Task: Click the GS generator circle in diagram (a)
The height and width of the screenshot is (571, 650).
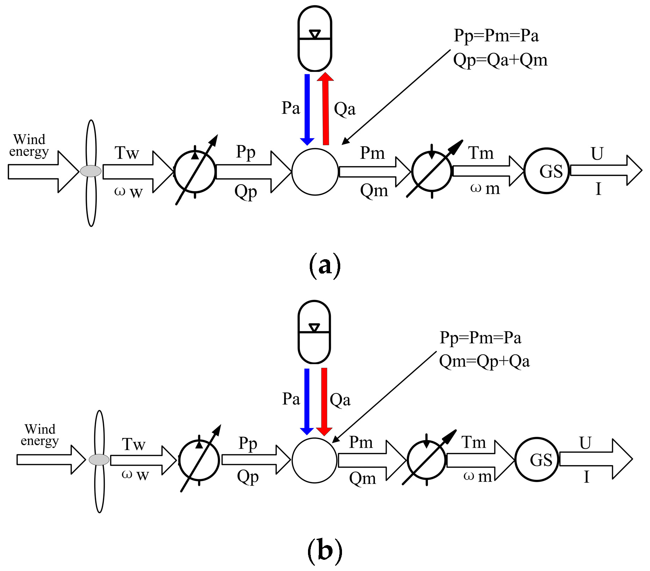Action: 547,171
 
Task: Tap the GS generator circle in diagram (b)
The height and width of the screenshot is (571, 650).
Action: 537,460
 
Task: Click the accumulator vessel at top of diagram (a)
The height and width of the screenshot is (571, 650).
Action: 315,39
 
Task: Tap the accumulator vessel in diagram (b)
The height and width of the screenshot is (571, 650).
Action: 314,332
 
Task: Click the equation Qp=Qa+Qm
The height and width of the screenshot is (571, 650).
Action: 500,60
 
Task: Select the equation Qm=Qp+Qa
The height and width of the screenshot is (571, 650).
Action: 484,362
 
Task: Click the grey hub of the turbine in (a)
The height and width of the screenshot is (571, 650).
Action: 91,171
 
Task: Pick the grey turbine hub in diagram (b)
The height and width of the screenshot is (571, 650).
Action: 99,460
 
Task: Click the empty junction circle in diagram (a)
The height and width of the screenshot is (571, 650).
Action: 315,172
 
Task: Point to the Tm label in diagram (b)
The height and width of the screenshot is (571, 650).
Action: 473,442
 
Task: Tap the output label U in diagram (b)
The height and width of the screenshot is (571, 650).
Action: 585,443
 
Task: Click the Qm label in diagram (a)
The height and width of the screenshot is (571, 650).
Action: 374,191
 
